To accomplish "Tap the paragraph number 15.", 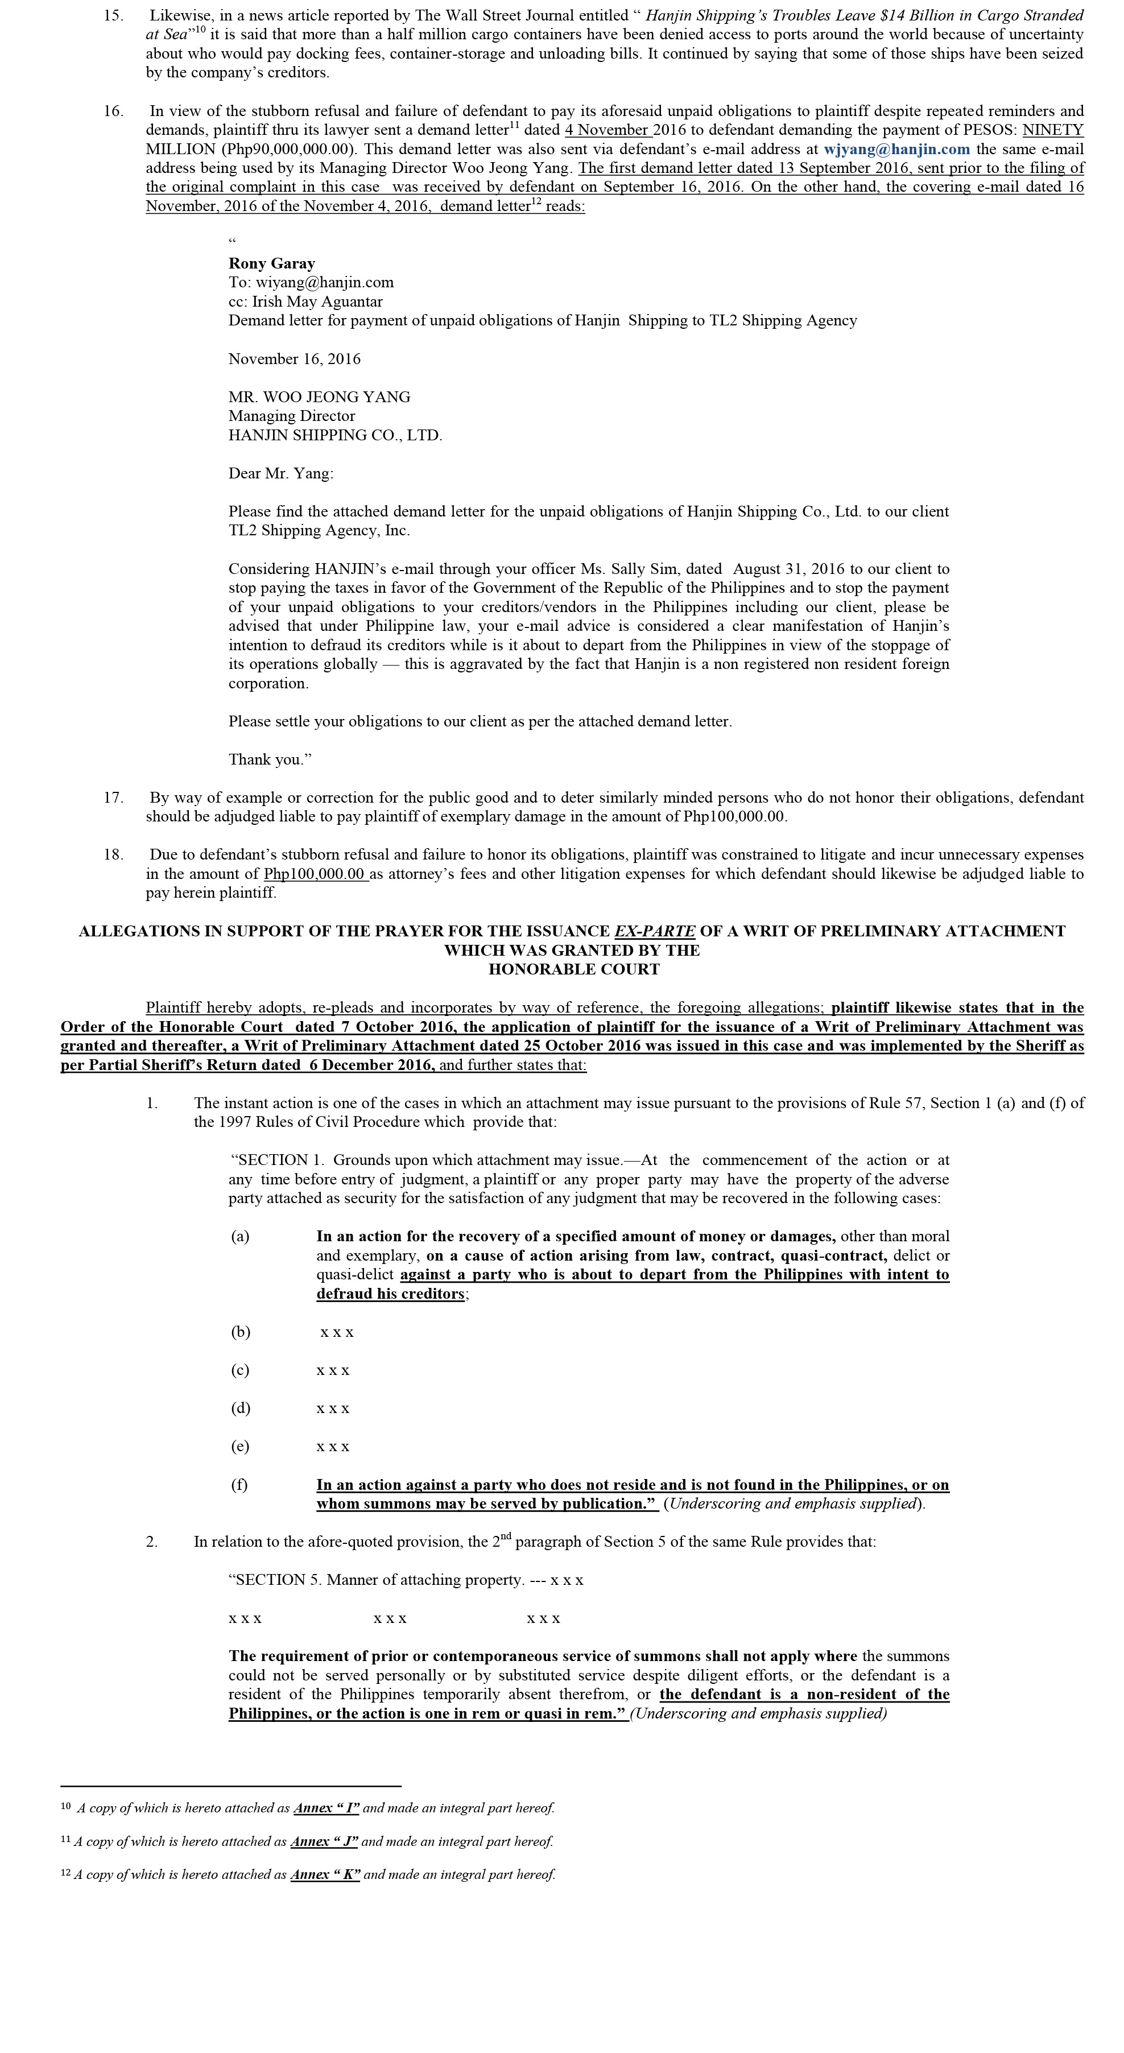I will pyautogui.click(x=113, y=15).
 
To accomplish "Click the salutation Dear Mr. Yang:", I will pyautogui.click(x=280, y=473).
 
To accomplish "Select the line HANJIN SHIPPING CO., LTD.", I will pyautogui.click(x=335, y=435).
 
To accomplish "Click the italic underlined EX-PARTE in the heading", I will pyautogui.click(x=655, y=931).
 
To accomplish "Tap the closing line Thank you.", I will pyautogui.click(x=270, y=759).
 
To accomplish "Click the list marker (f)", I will pyautogui.click(x=239, y=1485).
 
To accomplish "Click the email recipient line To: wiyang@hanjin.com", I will pyautogui.click(x=311, y=282).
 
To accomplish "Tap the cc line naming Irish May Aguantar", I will pyautogui.click(x=305, y=301).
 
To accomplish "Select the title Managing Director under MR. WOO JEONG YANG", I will pyautogui.click(x=292, y=416).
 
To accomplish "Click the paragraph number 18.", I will pyautogui.click(x=113, y=854).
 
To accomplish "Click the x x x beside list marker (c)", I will pyautogui.click(x=333, y=1371).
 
